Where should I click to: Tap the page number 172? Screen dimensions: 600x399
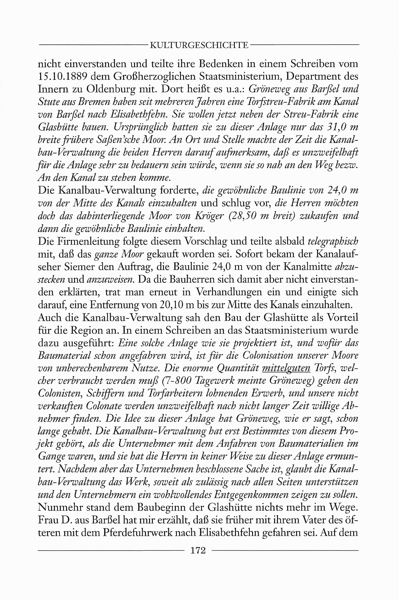pyautogui.click(x=198, y=550)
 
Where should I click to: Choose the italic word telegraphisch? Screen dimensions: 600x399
pyautogui.click(x=333, y=241)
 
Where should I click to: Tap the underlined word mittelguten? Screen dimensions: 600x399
pyautogui.click(x=286, y=368)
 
